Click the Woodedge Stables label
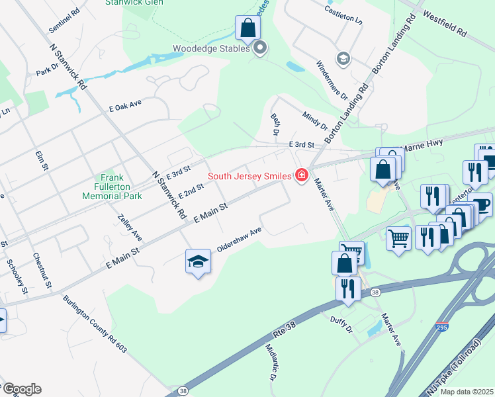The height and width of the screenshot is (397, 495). (x=211, y=48)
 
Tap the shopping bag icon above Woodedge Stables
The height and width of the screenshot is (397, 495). (x=247, y=28)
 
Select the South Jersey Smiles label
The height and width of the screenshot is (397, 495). (x=251, y=176)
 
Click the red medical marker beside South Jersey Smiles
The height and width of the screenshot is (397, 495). (x=302, y=175)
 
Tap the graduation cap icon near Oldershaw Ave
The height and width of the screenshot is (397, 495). (x=198, y=262)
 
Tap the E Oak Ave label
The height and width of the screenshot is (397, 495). (x=126, y=107)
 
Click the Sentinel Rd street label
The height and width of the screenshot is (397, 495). (x=64, y=21)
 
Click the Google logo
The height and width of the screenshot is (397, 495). (x=21, y=389)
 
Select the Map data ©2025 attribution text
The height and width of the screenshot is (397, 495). (x=467, y=392)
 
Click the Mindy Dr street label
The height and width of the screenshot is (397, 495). (x=314, y=120)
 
